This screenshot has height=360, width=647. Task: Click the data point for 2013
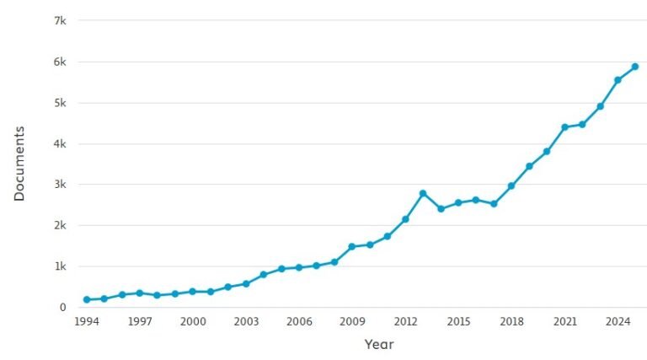tap(423, 194)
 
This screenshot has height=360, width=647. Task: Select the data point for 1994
tap(87, 299)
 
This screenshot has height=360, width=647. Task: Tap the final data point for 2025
tap(635, 67)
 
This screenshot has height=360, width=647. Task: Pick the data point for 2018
tap(511, 185)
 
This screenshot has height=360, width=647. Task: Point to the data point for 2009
tap(352, 247)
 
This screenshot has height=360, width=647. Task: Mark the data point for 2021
tap(564, 127)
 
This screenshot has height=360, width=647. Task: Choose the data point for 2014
tap(441, 208)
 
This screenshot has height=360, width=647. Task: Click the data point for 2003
tap(246, 283)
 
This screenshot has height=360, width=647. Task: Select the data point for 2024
tap(618, 80)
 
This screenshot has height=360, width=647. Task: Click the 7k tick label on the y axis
tap(60, 20)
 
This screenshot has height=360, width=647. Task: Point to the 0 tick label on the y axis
tap(63, 308)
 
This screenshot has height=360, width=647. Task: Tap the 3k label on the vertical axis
tap(60, 185)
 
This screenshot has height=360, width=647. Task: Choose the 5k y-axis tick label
tap(60, 103)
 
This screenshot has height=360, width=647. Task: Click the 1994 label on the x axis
tap(87, 321)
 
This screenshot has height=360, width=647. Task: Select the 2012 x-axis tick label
tap(405, 321)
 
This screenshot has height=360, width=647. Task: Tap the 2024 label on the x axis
tap(618, 321)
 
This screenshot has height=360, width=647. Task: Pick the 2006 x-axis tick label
tap(299, 321)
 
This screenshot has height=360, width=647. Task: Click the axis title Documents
tap(19, 164)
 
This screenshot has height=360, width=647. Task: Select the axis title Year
tap(378, 344)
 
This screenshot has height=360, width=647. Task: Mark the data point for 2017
tap(494, 204)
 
